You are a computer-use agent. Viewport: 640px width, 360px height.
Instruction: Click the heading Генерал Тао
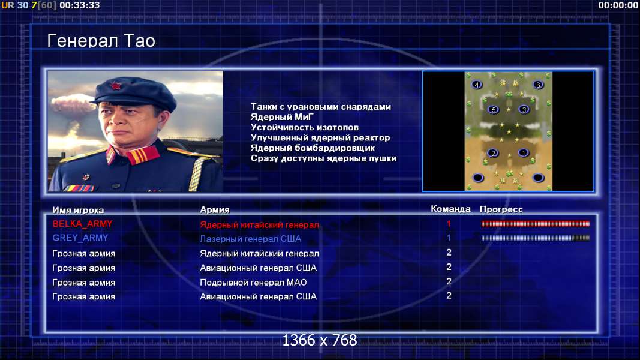[x=101, y=41]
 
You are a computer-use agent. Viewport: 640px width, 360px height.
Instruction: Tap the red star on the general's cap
[x=115, y=86]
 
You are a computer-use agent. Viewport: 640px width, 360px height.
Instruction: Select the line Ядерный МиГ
[x=282, y=117]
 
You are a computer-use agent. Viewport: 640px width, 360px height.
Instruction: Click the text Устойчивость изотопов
[x=305, y=127]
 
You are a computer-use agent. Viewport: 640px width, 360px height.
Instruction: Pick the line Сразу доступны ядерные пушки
[x=323, y=158]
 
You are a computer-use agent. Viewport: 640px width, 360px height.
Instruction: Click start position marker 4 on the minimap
[x=477, y=85]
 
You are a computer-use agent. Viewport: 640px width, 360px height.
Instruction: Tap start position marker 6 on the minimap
[x=538, y=85]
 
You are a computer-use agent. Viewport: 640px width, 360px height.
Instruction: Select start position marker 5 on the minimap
[x=494, y=110]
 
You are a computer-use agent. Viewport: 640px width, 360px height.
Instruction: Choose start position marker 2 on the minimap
[x=493, y=153]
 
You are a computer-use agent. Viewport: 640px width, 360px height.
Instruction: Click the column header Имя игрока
[x=78, y=210]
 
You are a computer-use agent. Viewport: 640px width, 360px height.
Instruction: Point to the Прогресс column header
[x=501, y=209]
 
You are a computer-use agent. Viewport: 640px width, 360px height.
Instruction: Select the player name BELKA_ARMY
[x=82, y=224]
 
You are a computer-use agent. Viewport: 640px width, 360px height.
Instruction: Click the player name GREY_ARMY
[x=80, y=238]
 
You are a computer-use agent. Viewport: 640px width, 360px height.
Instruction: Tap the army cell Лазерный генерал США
[x=250, y=239]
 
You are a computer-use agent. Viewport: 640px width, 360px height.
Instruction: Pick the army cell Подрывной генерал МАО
[x=253, y=283]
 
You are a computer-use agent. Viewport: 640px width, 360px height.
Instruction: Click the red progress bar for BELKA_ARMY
[x=535, y=224]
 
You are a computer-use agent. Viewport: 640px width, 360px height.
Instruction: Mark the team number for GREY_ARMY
[x=449, y=238]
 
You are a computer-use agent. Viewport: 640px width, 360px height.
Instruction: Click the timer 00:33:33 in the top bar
[x=80, y=5]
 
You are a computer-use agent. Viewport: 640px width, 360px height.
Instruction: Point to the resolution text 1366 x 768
[x=320, y=340]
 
